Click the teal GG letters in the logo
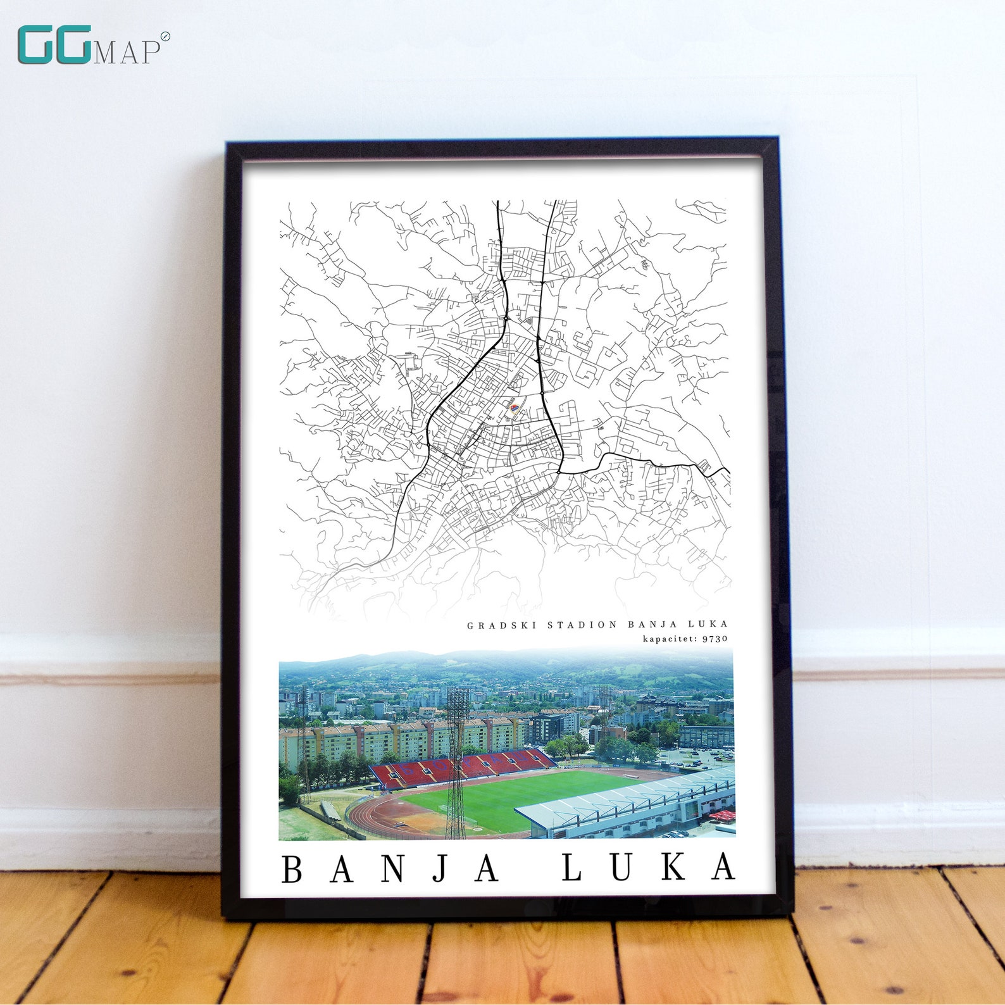pyautogui.click(x=54, y=45)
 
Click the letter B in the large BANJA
pyautogui.click(x=292, y=869)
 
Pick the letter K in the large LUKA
pyautogui.click(x=673, y=867)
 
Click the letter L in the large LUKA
pyautogui.click(x=571, y=868)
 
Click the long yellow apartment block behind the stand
pyautogui.click(x=405, y=740)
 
